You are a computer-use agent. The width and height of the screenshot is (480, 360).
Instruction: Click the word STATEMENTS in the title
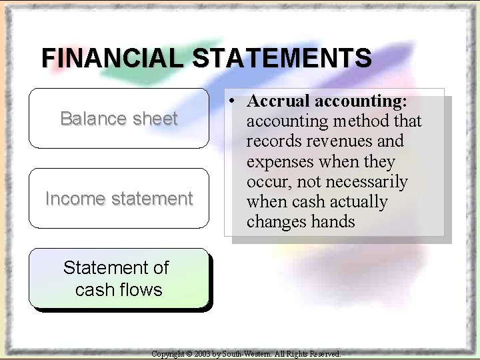coord(282,58)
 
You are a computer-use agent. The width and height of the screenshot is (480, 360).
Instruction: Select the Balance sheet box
coord(119,119)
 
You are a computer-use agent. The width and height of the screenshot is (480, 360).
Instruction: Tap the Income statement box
coord(119,199)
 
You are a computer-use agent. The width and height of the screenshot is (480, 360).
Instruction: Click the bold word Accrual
coord(278,101)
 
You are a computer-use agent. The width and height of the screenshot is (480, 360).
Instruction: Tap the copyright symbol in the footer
coord(189,354)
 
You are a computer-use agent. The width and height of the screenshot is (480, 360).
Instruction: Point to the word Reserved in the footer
coord(324,354)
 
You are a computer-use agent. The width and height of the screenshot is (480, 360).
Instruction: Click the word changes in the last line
coord(275,222)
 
